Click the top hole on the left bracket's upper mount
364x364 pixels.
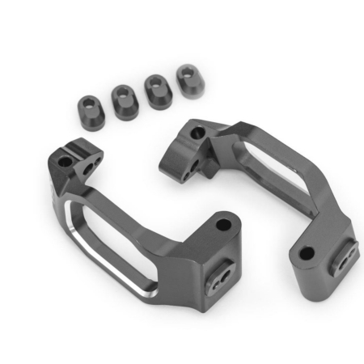[x=68, y=150]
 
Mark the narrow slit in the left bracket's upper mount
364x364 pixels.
[x=78, y=146]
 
